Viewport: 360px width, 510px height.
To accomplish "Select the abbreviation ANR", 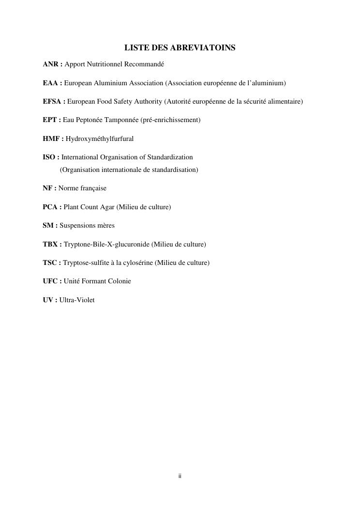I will [x=50, y=64].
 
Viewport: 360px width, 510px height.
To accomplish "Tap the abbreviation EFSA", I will [x=52, y=102].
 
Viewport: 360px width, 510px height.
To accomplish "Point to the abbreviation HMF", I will [x=51, y=139].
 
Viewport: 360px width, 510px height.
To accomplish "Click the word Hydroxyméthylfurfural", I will [x=100, y=139].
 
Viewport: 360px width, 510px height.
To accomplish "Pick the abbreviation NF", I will [x=47, y=188].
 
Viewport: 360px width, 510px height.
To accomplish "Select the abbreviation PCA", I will [x=50, y=207].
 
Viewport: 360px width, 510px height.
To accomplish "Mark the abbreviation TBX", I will [x=50, y=244].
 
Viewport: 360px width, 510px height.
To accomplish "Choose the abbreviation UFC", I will [x=50, y=281].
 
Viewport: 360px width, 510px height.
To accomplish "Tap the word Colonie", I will [x=119, y=281].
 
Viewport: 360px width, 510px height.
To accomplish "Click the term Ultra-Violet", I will [x=77, y=300].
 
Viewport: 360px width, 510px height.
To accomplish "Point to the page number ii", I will [x=180, y=477].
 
